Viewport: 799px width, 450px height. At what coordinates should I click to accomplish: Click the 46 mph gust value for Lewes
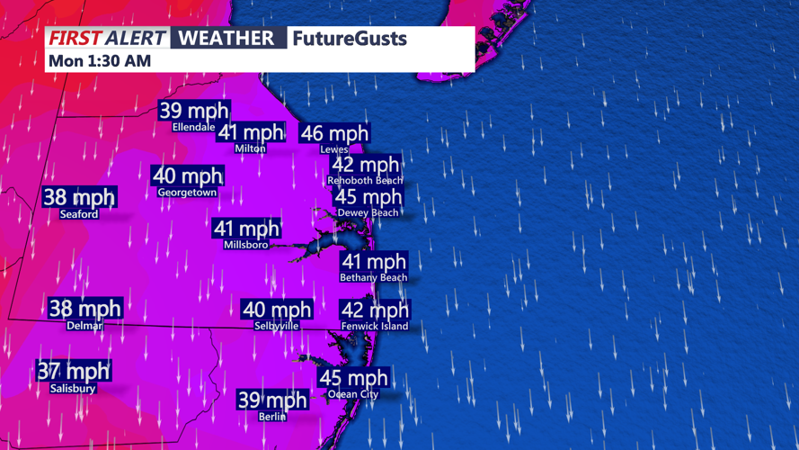(334, 133)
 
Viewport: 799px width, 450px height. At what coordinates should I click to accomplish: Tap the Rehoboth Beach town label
(365, 181)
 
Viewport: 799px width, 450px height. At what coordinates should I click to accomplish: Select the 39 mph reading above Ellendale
(194, 111)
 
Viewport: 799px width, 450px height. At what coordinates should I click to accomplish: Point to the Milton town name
(250, 148)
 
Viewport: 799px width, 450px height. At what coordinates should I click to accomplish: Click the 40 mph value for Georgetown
(187, 176)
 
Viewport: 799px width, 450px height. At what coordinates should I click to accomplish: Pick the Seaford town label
(79, 214)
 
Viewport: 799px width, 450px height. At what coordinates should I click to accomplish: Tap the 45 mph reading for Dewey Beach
(368, 197)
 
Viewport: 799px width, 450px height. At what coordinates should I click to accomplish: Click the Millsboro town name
(246, 245)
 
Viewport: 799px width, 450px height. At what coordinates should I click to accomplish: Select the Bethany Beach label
(373, 278)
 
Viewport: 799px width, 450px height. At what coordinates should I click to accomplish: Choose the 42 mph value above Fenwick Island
(375, 310)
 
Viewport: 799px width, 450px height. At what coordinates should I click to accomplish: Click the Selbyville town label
(277, 326)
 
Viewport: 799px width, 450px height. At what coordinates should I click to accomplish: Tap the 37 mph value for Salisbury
(73, 371)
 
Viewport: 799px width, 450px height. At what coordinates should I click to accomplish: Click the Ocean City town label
(353, 394)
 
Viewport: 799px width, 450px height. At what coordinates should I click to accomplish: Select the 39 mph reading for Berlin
(272, 400)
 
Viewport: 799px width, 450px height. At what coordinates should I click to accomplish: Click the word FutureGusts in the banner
(349, 39)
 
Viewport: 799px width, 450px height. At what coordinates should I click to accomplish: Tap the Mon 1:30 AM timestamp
(99, 60)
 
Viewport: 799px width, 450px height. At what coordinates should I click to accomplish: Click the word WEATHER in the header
(226, 38)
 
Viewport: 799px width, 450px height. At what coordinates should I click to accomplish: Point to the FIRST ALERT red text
(107, 38)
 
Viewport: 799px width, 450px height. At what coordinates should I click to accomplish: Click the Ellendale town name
(194, 127)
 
